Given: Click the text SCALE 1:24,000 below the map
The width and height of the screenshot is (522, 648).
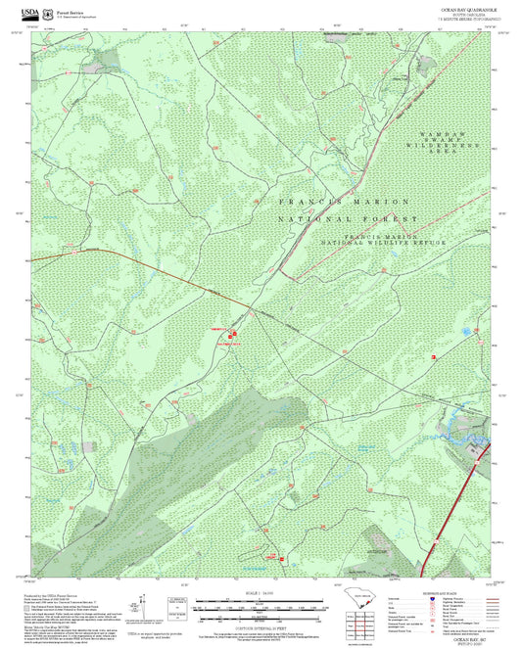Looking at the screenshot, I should [x=261, y=592].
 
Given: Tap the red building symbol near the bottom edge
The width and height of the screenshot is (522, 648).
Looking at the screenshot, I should [x=282, y=559].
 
